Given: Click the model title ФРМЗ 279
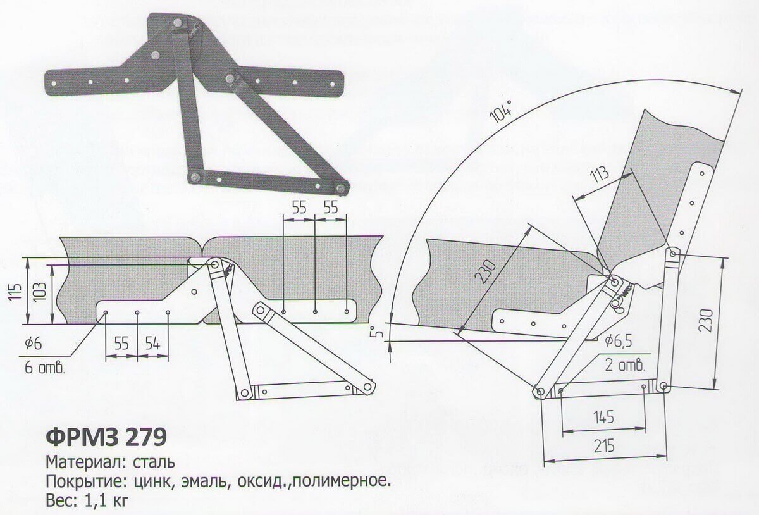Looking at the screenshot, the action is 106,437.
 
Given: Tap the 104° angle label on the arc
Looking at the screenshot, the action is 502,111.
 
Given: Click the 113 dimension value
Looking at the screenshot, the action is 600,175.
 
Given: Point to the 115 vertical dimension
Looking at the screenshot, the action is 16,291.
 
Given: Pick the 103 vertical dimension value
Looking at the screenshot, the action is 40,292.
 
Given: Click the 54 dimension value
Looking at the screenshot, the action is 152,344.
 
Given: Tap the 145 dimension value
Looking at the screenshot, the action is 604,417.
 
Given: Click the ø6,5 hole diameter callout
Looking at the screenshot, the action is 619,342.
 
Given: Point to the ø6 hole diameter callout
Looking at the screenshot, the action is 33,344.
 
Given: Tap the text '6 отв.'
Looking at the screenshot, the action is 44,368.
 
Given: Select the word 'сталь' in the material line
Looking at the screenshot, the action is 154,462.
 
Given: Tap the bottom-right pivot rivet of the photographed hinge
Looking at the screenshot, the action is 341,187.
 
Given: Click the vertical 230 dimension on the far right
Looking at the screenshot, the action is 708,320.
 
